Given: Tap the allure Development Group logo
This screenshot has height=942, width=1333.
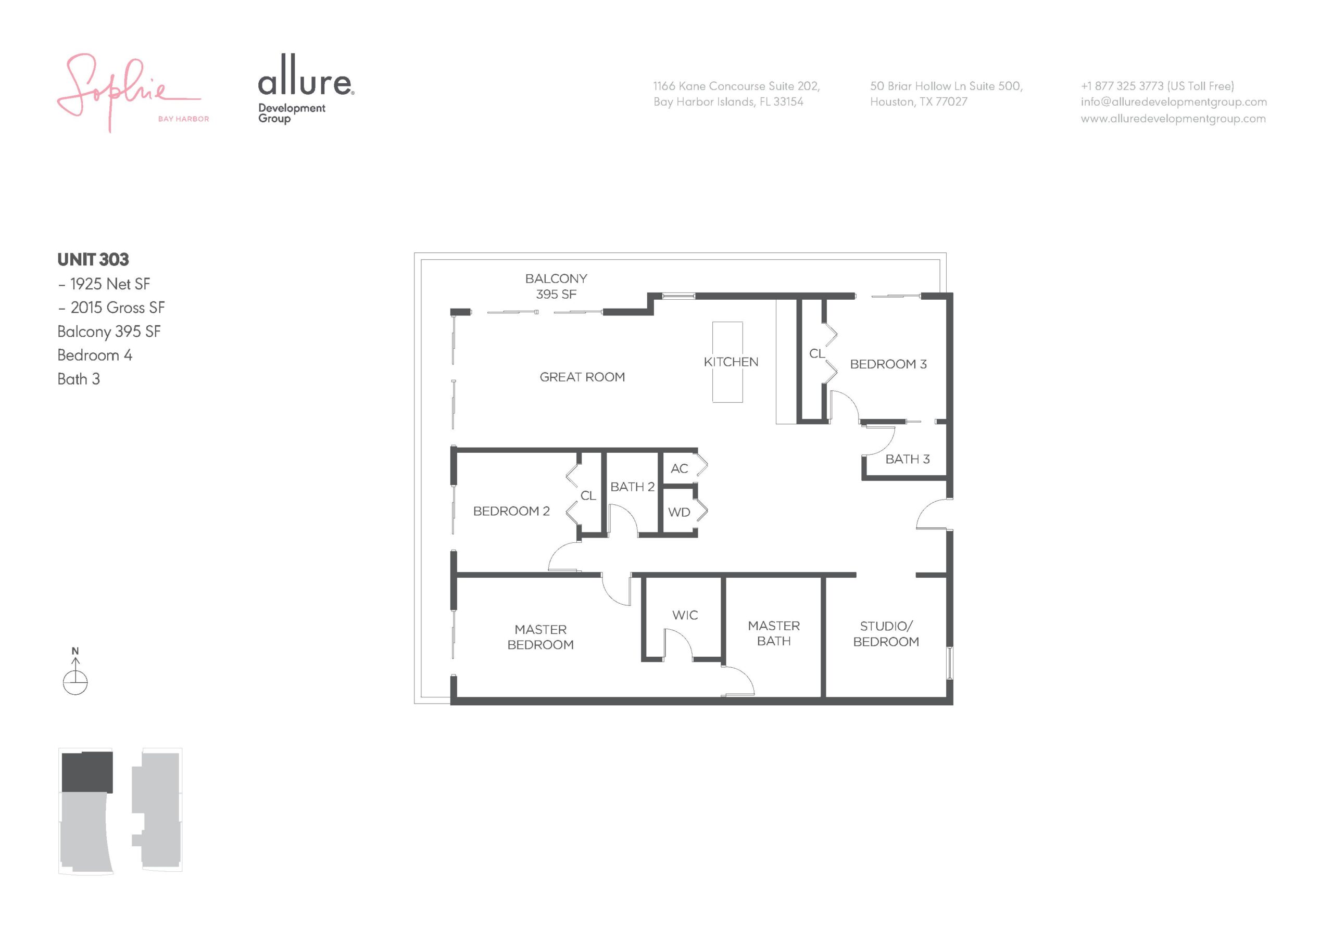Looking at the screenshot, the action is [306, 88].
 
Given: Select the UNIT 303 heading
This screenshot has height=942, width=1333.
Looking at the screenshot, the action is [93, 260].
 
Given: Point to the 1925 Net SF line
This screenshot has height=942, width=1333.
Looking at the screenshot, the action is [105, 284].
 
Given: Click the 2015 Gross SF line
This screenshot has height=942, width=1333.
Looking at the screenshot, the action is [111, 308].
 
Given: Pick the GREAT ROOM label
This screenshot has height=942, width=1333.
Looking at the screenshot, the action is [582, 377].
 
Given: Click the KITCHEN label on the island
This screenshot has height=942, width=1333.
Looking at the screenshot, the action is [731, 362].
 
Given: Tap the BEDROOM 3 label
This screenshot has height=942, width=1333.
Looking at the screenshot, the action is [888, 364].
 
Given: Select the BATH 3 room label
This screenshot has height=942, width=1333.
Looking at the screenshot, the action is [908, 459].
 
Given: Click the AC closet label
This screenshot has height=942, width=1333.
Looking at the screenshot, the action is [680, 468].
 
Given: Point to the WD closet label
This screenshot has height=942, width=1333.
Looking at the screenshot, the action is [680, 513].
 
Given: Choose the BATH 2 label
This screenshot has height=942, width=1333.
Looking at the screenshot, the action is [632, 487].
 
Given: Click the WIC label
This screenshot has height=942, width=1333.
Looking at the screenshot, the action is [685, 615].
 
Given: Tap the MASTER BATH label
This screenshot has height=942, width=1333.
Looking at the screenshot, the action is [774, 633].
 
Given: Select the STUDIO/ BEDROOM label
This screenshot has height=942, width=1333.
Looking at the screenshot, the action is [886, 634].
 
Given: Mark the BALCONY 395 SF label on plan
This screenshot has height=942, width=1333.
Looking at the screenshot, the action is [556, 286].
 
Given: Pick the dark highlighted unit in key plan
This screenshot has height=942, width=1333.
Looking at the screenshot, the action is [87, 772].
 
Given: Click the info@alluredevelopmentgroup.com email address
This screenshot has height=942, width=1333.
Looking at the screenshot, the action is [1174, 102].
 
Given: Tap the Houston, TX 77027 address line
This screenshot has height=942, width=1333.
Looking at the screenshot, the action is [919, 102].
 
